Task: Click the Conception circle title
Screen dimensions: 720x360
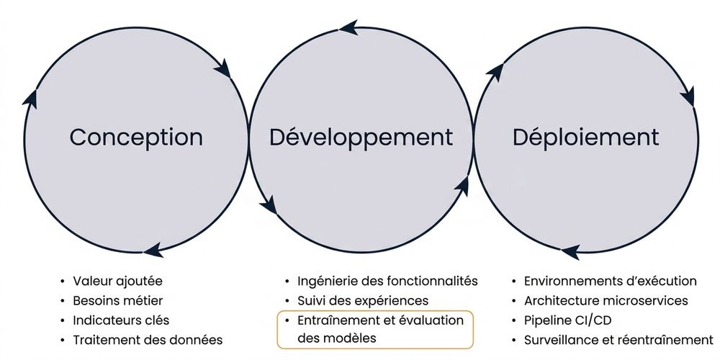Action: pos(136,138)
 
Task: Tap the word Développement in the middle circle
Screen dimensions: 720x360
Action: pos(361,138)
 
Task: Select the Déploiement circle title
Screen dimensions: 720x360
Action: pos(585,138)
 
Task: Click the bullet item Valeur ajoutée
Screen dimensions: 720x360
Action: pos(117,281)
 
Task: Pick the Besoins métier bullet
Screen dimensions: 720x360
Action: pos(117,301)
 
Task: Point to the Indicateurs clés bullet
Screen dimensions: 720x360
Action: pos(121,320)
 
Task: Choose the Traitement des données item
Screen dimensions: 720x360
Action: pos(148,341)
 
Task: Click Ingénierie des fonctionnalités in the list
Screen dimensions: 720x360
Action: pos(387,281)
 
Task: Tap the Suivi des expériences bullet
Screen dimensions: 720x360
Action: pos(363,301)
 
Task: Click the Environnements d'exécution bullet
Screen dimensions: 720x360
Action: pos(611,281)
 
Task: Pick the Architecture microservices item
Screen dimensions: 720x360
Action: pos(606,301)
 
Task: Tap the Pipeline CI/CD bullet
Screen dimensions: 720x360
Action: pos(567,320)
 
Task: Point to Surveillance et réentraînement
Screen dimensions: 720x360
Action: pos(618,341)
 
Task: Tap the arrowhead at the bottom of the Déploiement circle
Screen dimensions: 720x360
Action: pos(570,252)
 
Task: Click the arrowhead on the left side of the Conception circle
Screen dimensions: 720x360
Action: pos(30,99)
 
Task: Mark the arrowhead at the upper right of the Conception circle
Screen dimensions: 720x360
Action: pos(223,68)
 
